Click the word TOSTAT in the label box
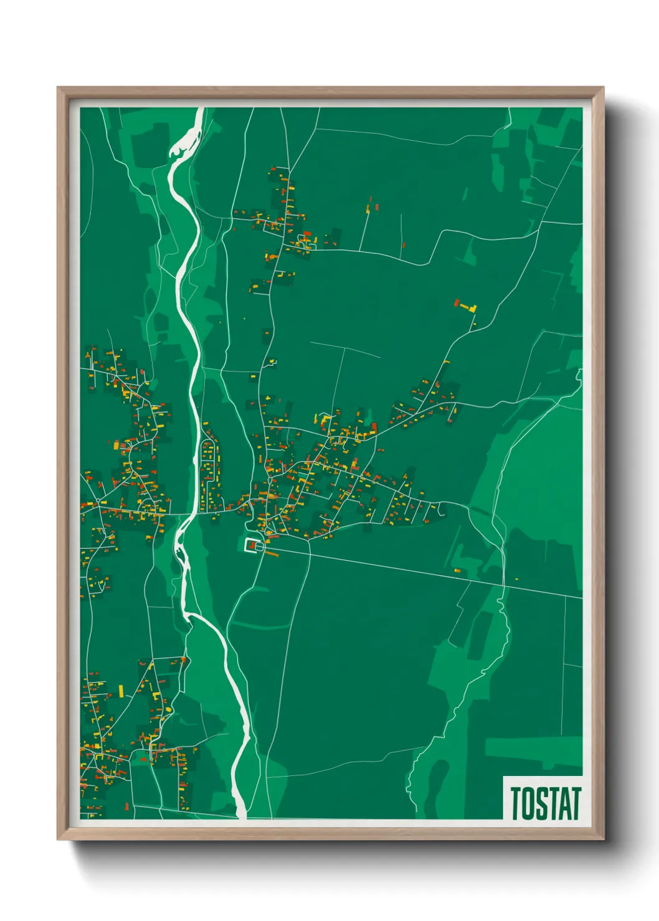coord(545,803)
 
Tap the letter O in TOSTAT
coord(528,803)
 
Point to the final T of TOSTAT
coord(576,803)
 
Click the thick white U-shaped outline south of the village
coord(252,545)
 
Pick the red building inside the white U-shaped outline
coord(253,546)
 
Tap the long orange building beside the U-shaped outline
coord(272,553)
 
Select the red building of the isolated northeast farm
coord(457,303)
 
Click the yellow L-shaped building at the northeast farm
coord(470,308)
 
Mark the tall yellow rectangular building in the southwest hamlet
coord(121,691)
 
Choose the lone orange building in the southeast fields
coord(457,570)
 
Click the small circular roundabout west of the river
coord(98,500)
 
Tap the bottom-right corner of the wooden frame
coord(602,838)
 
